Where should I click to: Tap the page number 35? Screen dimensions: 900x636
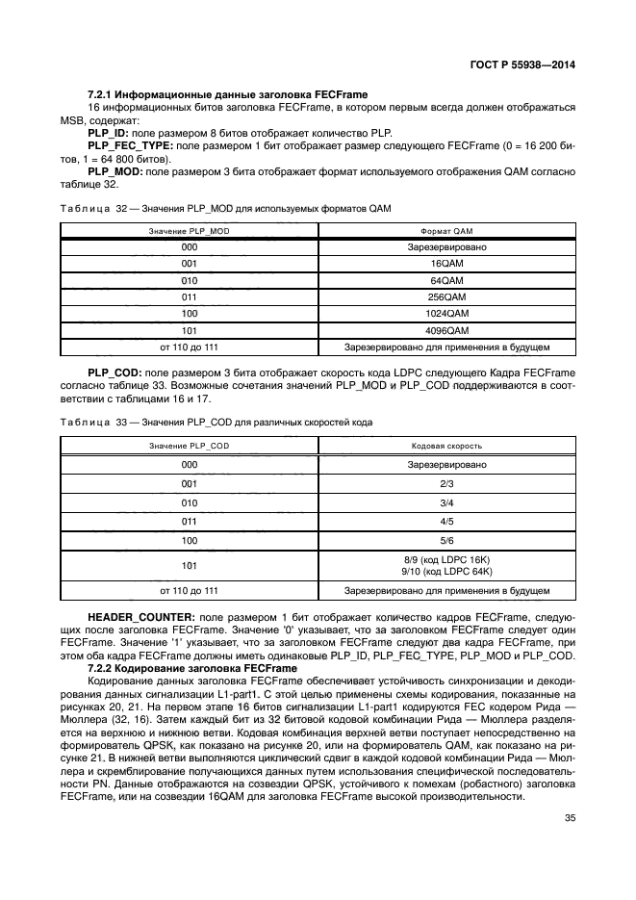point(569,819)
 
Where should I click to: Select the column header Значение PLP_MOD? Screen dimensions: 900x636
point(189,231)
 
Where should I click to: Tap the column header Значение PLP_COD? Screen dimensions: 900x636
point(189,447)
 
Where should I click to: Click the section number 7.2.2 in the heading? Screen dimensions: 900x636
point(101,667)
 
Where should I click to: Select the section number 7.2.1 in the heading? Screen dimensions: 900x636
point(101,94)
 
